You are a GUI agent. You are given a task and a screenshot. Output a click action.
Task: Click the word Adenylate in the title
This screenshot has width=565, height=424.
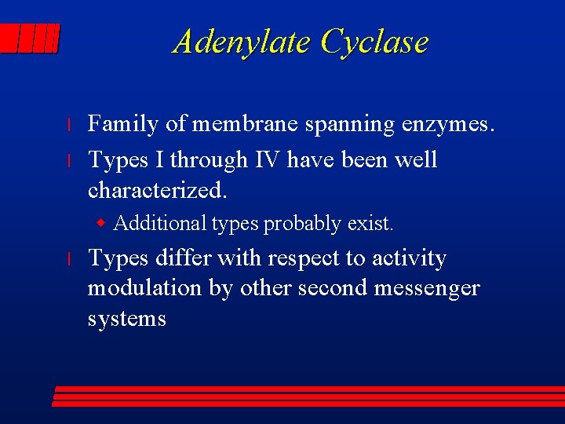coord(242,42)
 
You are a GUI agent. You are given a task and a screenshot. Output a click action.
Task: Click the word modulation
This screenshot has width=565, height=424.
coord(145,288)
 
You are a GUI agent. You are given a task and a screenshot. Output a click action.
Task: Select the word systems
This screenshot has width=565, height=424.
coord(126,319)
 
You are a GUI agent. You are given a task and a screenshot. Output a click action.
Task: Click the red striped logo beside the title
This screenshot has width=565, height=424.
coord(30,39)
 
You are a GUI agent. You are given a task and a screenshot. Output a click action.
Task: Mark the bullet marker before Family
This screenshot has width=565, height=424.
coord(69,125)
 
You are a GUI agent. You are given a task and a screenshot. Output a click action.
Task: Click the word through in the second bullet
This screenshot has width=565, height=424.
coord(207,161)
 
